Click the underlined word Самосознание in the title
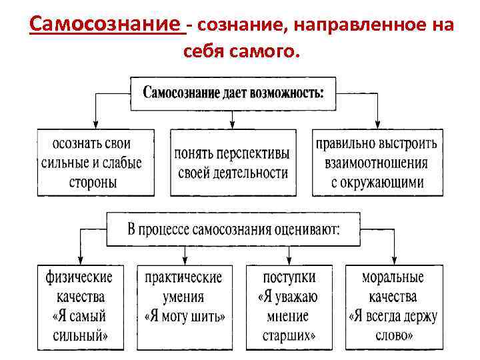coord(107,25)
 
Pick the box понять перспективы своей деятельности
coord(232,163)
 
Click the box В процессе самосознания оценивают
coord(233,230)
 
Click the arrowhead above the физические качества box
coord(80,261)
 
